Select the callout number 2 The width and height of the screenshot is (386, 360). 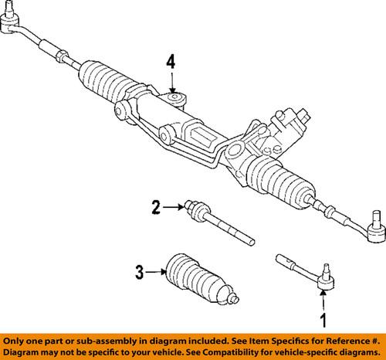pyautogui.click(x=156, y=206)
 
